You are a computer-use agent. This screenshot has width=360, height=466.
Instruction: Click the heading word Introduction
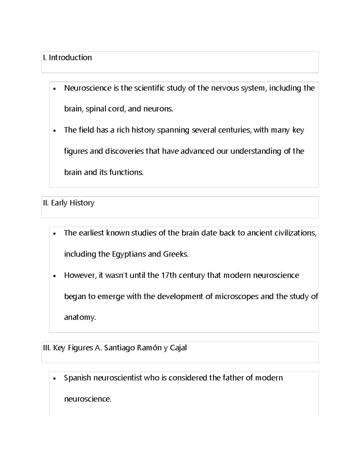pos(70,58)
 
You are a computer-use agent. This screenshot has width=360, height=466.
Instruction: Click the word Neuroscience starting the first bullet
pos(83,88)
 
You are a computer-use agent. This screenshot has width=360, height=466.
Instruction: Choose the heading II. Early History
pos(69,203)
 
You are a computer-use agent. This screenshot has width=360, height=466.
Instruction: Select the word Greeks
pos(175,254)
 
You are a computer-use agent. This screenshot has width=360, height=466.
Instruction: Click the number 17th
pos(169,275)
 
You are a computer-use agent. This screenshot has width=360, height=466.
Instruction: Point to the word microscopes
pos(237,296)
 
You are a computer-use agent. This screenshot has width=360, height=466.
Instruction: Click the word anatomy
pos(79,317)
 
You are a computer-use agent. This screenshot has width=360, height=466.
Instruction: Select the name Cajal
pos(178,348)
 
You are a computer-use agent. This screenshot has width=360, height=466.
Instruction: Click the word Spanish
pos(77,378)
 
